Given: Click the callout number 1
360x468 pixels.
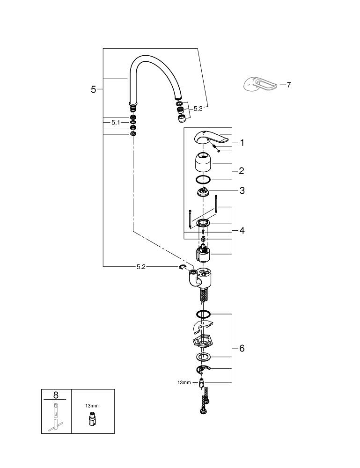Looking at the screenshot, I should pos(242,143).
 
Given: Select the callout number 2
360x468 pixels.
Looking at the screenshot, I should pos(242,171).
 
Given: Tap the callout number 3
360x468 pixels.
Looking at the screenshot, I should pos(242,190).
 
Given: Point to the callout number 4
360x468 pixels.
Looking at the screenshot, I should pos(242,230).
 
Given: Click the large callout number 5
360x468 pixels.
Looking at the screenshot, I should pos(94,89).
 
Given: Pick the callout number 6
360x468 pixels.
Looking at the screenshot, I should pos(242,348).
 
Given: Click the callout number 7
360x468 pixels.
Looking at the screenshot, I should pos(288,85).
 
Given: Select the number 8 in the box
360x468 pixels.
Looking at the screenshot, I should pos(56,395).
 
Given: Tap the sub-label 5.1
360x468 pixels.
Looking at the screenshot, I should pos(116,122).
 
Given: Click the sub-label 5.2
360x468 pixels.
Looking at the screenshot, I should pos(141,267).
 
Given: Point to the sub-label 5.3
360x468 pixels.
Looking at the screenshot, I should pos(198,109).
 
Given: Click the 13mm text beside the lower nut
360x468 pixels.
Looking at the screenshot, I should pos(184,382).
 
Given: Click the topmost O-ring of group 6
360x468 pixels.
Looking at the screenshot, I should pos(204,314).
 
